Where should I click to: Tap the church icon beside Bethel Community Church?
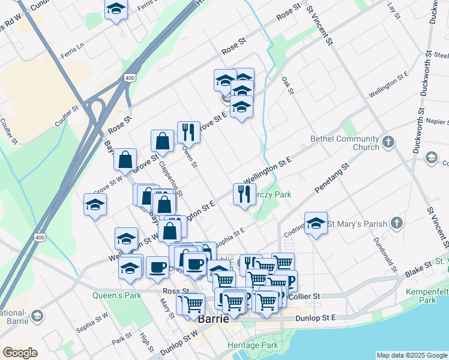point(388,143)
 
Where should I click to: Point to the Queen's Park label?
point(116,295)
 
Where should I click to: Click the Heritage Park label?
point(253,345)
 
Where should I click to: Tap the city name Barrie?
point(214,319)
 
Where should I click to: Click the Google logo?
point(20,352)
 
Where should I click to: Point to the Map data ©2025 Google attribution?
point(411,355)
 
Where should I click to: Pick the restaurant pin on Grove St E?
point(188,131)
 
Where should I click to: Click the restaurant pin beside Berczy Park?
point(244,193)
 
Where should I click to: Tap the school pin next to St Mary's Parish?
point(316,223)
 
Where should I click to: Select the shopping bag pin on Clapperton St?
point(162,141)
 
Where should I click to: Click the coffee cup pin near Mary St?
point(157,266)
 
